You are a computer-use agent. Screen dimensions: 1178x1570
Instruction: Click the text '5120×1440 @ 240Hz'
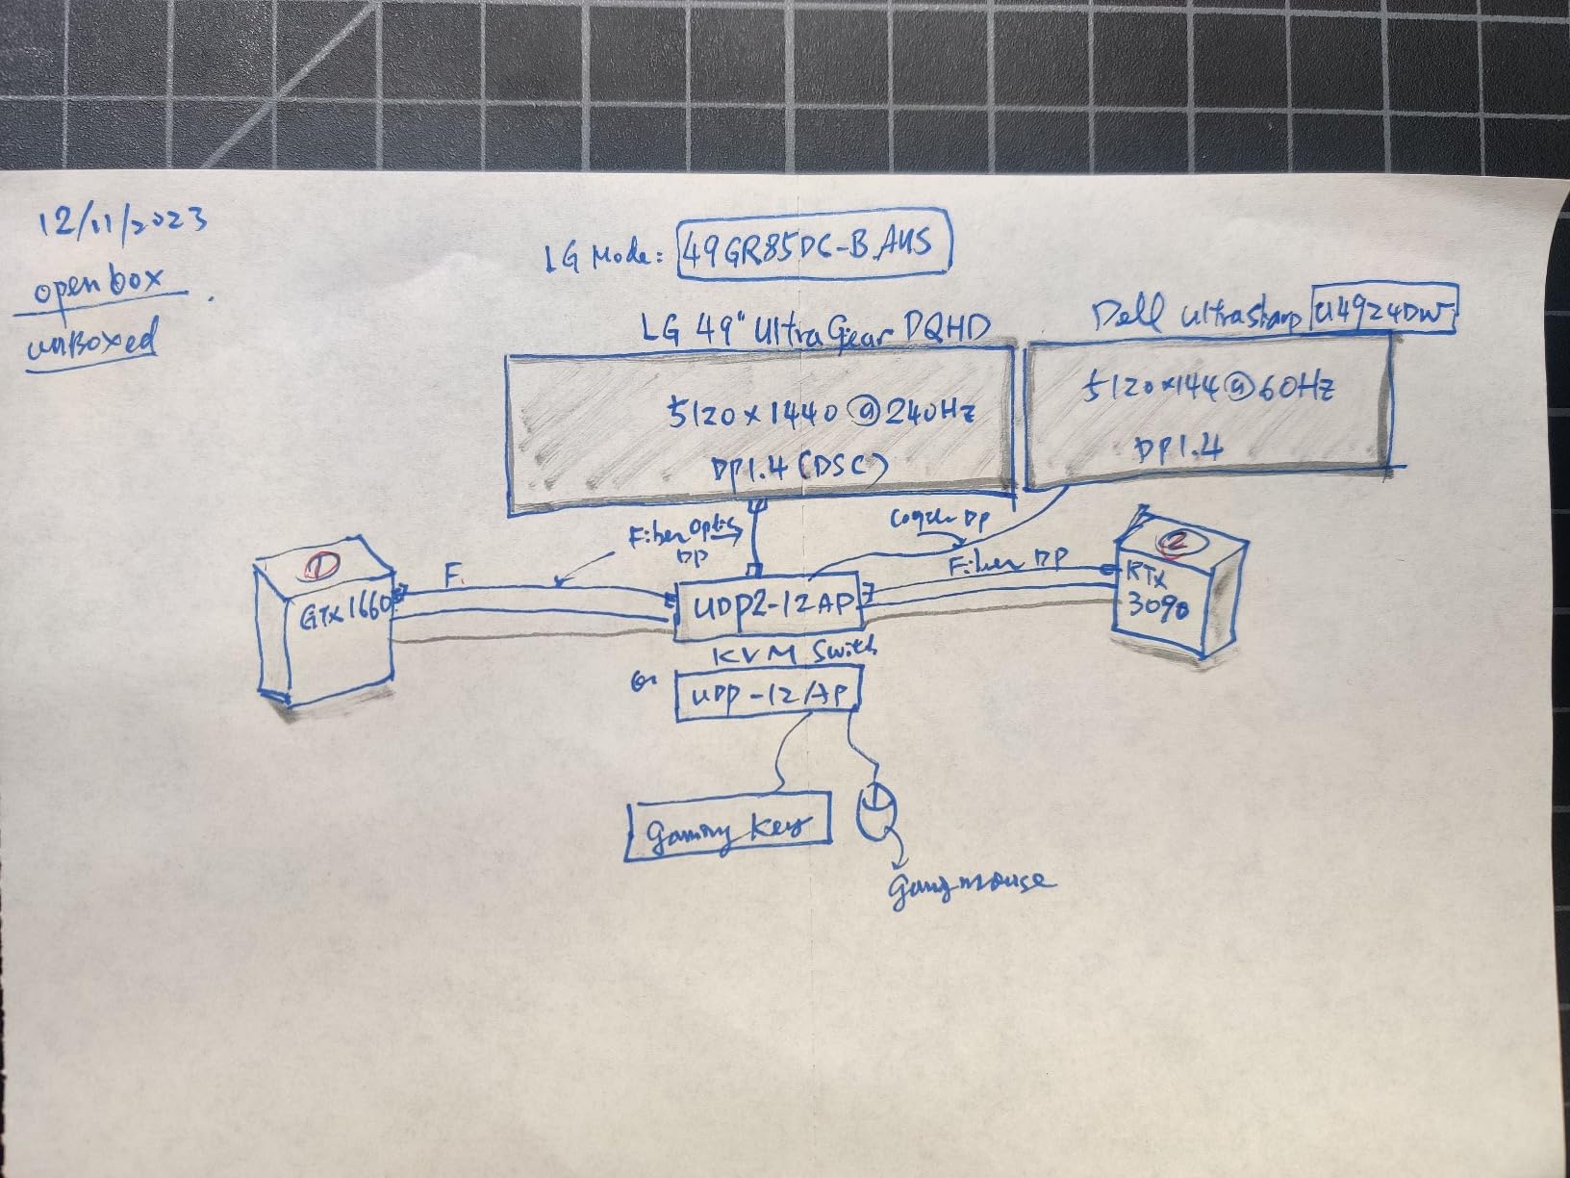coord(823,414)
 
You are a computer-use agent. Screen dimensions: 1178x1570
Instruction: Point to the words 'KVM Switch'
coord(794,654)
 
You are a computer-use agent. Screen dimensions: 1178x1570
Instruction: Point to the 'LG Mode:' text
coord(608,256)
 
